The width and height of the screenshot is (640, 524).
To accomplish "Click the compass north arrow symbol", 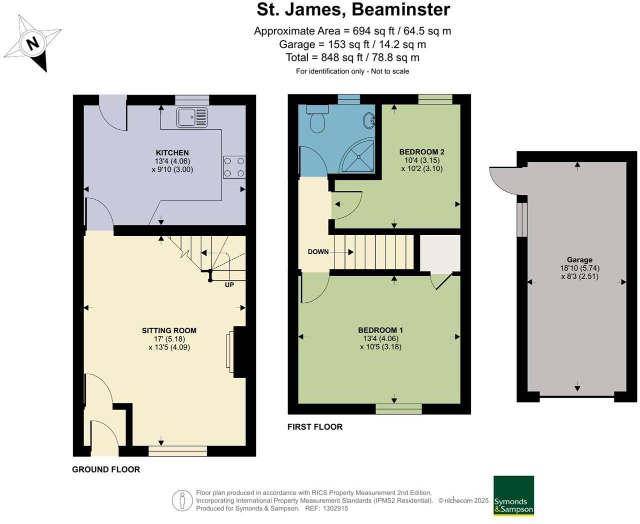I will click(33, 43).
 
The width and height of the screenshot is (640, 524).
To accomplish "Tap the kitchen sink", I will click(191, 117).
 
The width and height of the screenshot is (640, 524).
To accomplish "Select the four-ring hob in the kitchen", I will click(234, 167).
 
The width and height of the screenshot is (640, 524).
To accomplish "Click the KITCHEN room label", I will click(172, 153).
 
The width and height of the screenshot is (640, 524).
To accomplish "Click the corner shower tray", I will click(359, 155).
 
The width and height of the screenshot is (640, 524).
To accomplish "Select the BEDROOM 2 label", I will click(421, 152).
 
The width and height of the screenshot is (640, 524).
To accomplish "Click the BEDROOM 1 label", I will click(380, 330).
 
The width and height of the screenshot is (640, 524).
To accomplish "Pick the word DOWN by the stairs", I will click(318, 252).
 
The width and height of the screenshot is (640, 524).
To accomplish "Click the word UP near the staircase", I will click(229, 285).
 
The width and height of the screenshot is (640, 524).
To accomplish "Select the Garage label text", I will click(579, 260).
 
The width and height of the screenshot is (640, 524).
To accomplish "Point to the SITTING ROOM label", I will click(169, 331).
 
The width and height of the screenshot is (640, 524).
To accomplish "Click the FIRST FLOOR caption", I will click(315, 427).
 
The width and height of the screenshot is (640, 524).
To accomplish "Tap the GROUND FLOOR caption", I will click(106, 469).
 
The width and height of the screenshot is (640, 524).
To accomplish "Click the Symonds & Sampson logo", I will click(513, 496).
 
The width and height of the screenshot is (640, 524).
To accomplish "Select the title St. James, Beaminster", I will click(353, 9).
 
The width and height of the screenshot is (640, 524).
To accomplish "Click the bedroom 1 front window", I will click(398, 409).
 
